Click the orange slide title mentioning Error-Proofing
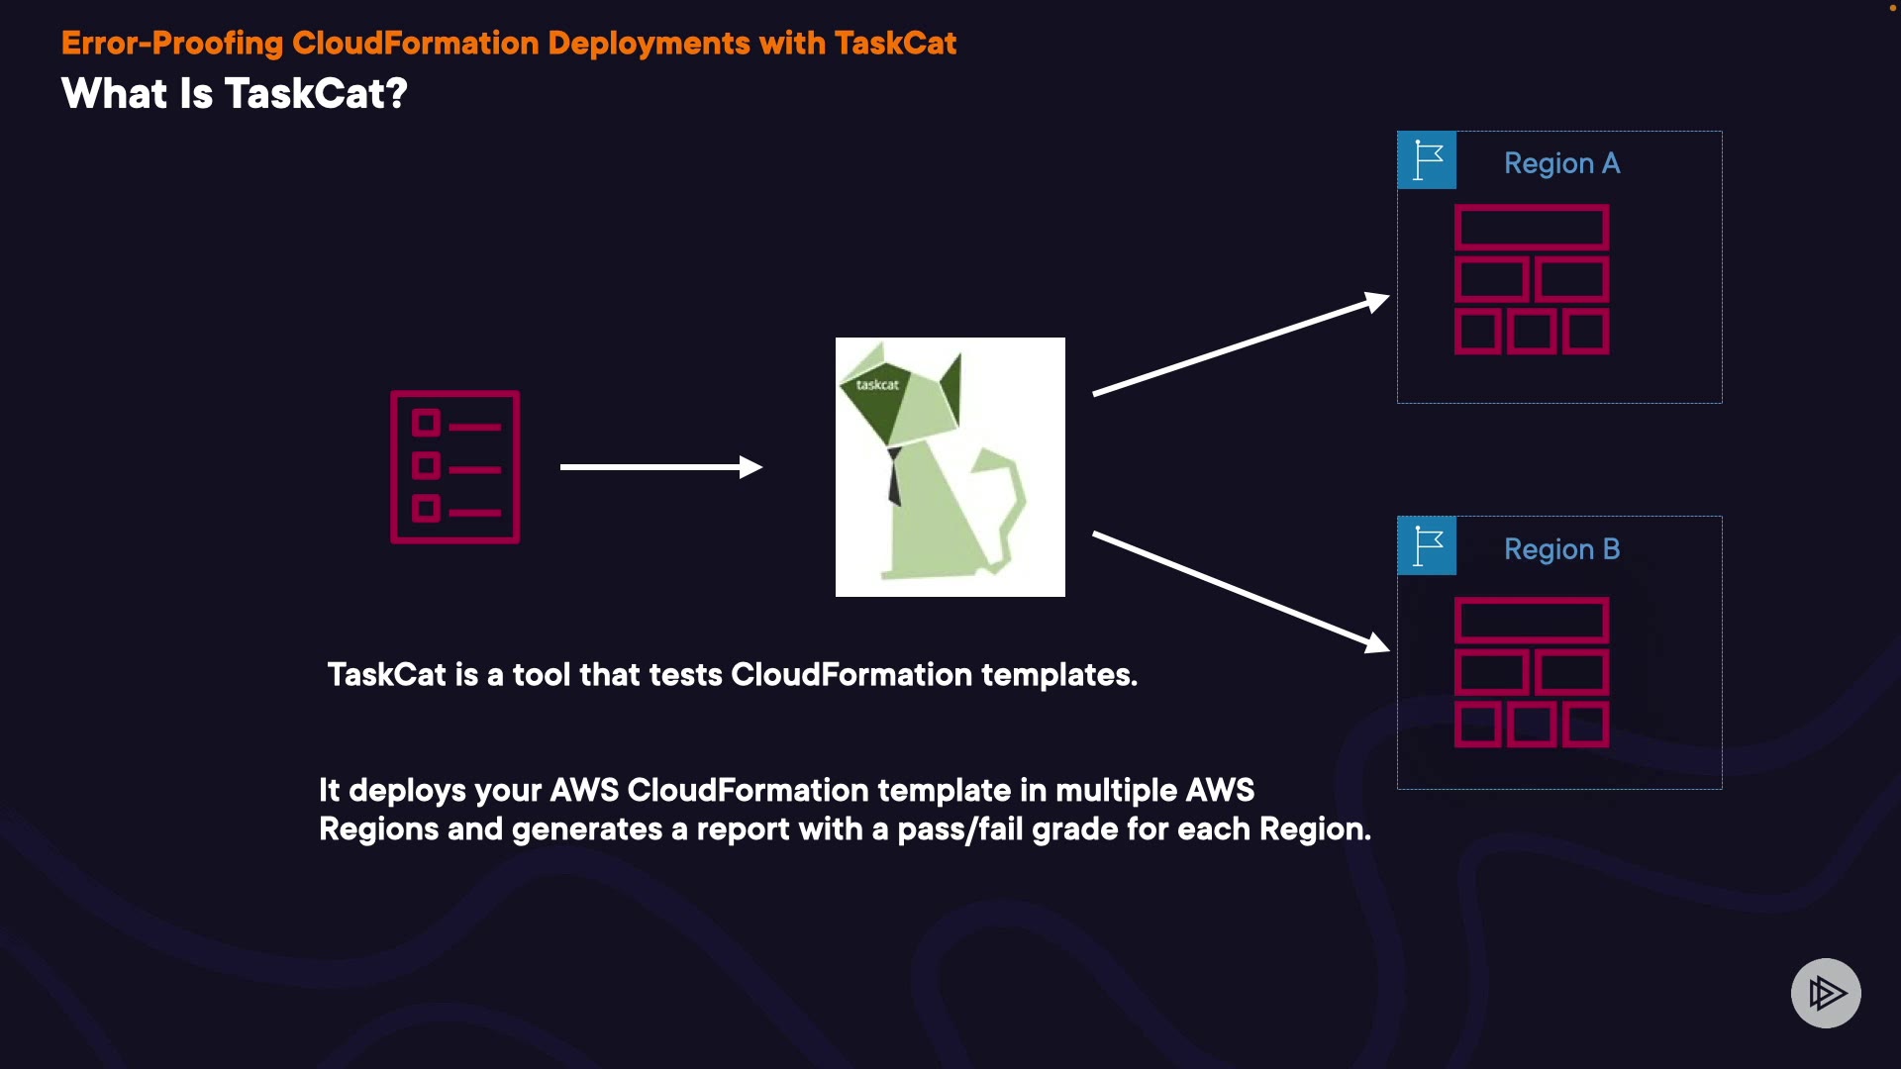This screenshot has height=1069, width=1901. (x=509, y=44)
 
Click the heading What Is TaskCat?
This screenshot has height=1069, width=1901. (x=235, y=94)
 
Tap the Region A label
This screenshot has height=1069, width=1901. (x=1561, y=163)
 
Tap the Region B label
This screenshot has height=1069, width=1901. (x=1561, y=549)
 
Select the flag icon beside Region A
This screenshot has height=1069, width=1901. (x=1427, y=159)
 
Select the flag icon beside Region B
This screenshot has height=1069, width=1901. (x=1427, y=545)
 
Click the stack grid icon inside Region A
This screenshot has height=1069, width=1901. (x=1532, y=279)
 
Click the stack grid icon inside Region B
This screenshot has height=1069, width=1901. (x=1532, y=672)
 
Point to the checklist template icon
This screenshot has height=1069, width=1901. (x=455, y=467)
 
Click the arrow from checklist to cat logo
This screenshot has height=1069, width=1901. (x=661, y=467)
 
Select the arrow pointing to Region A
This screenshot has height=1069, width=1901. (x=1242, y=343)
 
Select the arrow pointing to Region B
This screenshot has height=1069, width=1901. (x=1242, y=592)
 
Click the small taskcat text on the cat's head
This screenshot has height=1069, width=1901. (x=877, y=385)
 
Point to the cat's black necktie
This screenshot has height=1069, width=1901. (x=894, y=477)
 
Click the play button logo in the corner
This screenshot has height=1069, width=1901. (x=1826, y=993)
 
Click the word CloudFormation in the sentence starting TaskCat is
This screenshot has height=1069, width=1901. (x=851, y=675)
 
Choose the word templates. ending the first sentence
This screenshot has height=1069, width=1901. (x=1059, y=675)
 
